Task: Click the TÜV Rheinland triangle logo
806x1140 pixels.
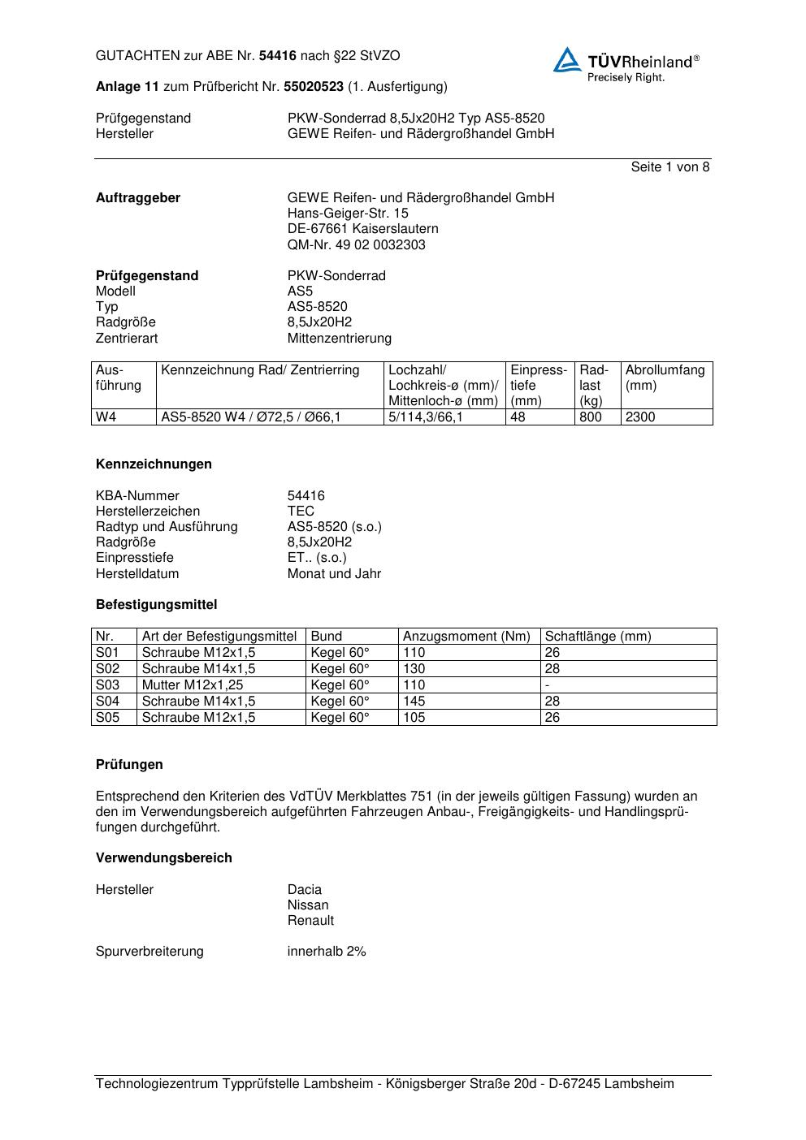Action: coord(567,60)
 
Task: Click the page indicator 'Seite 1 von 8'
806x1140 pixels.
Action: coord(669,167)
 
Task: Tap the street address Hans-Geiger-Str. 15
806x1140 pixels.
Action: coord(348,214)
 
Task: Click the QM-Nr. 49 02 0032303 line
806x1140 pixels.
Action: coord(356,245)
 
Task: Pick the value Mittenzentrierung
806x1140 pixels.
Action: coord(339,339)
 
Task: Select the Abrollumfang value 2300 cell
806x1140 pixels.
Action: coord(640,417)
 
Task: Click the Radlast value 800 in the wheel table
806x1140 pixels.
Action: coord(591,417)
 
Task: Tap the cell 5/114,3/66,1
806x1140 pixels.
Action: coord(425,417)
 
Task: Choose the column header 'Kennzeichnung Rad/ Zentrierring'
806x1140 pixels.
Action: coord(260,371)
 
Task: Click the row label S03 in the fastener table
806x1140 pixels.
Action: coord(107,685)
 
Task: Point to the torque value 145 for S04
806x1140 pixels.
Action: coord(414,702)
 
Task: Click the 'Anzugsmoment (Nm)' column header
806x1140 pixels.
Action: coord(466,637)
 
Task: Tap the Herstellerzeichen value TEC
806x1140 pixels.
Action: coord(301,512)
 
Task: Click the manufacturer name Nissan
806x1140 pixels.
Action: coord(308,905)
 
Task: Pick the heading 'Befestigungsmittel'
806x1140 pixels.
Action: coord(156,605)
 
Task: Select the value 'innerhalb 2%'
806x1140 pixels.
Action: coord(327,952)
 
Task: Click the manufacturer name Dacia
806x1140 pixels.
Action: coord(305,890)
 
